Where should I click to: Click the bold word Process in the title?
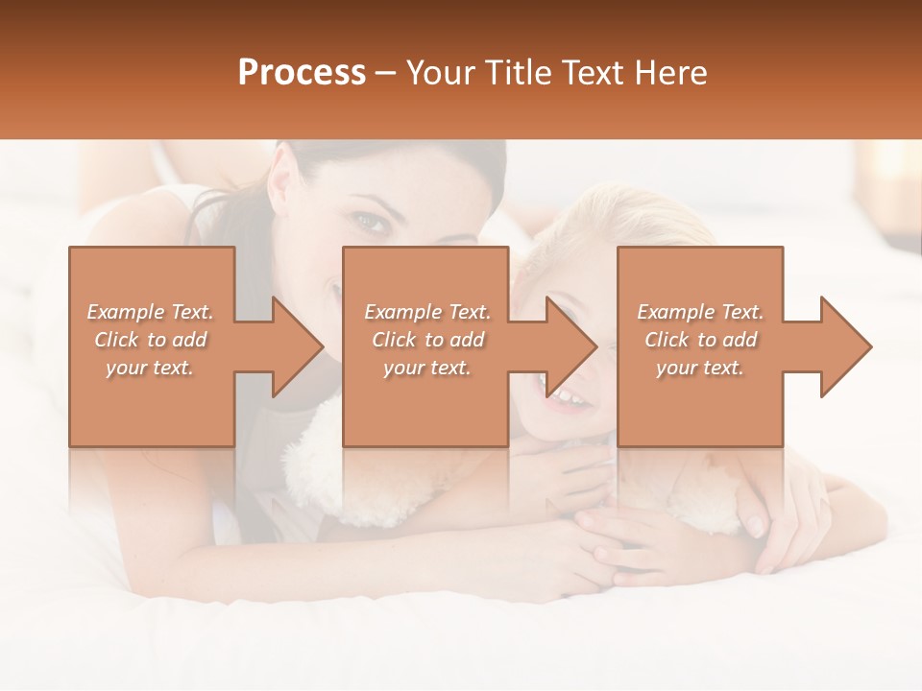[x=302, y=73]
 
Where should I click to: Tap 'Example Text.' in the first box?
[x=151, y=312]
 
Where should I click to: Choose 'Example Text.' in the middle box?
[x=427, y=312]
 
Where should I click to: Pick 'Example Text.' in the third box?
[x=700, y=312]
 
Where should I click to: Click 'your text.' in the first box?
[x=150, y=368]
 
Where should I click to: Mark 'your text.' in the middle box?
[x=427, y=368]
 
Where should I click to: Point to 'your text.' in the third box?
[x=700, y=368]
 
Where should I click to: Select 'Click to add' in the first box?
[x=151, y=340]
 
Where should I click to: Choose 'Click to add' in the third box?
[x=700, y=340]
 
